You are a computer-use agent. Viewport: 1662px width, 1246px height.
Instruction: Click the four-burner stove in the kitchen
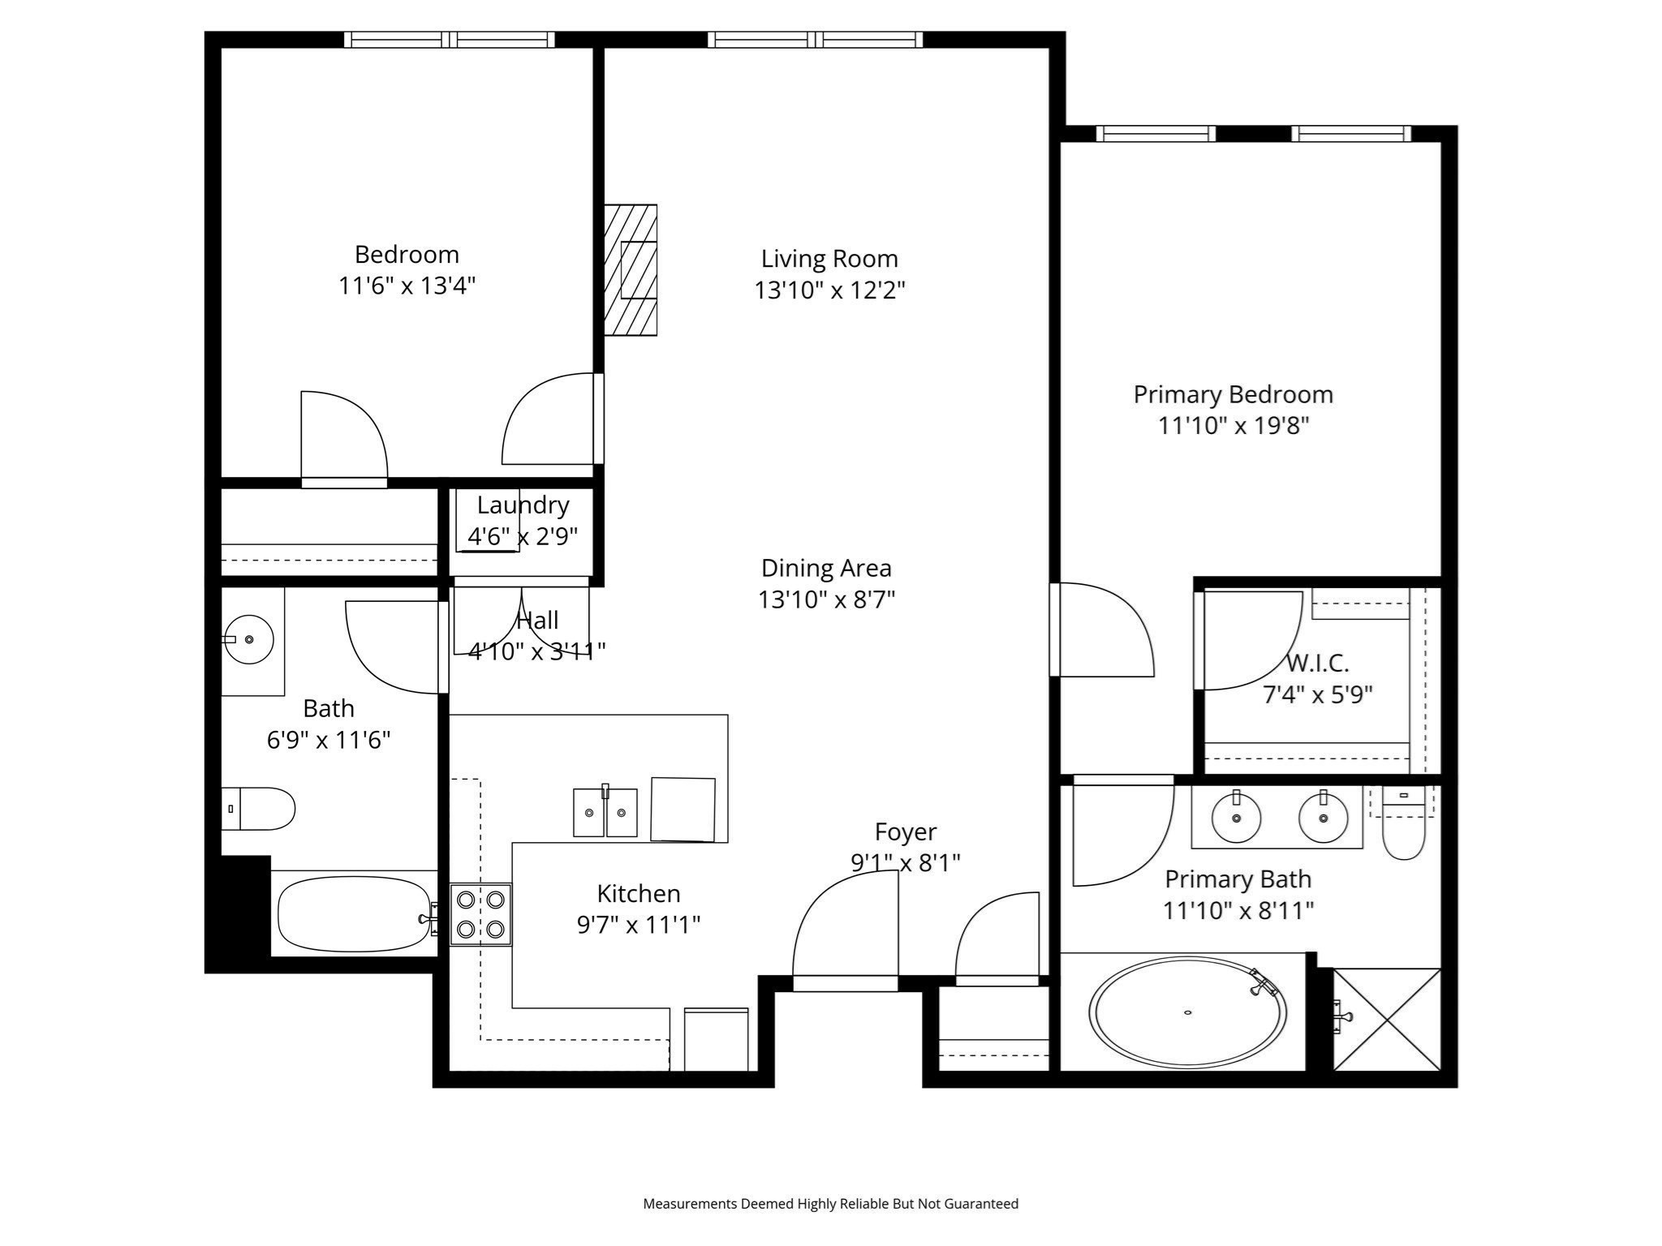pyautogui.click(x=480, y=914)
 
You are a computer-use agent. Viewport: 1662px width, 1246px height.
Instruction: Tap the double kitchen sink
pyautogui.click(x=605, y=812)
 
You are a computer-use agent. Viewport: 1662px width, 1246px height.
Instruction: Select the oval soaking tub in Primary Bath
pyautogui.click(x=1186, y=1012)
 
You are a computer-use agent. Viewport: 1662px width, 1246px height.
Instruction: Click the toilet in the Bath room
pyautogui.click(x=259, y=809)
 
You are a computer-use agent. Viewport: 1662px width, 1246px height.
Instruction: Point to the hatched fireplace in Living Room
pyautogui.click(x=631, y=270)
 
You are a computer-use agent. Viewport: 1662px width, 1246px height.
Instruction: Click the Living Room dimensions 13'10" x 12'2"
pyautogui.click(x=829, y=290)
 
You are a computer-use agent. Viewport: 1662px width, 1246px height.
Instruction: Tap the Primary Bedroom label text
pyautogui.click(x=1233, y=394)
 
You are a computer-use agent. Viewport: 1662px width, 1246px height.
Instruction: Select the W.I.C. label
pyautogui.click(x=1317, y=663)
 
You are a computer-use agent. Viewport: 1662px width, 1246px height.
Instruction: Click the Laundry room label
pyautogui.click(x=523, y=505)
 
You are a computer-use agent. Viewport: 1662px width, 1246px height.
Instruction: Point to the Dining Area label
pyautogui.click(x=826, y=568)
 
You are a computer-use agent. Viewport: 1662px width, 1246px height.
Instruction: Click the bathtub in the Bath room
pyautogui.click(x=355, y=914)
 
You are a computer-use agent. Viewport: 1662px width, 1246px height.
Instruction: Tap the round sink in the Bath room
pyautogui.click(x=248, y=639)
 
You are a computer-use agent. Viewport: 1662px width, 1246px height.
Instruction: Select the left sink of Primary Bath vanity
pyautogui.click(x=1236, y=818)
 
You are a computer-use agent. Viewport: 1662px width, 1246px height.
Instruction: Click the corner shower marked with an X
pyautogui.click(x=1387, y=1019)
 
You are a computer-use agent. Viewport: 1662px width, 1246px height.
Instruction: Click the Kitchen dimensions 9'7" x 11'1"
pyautogui.click(x=638, y=925)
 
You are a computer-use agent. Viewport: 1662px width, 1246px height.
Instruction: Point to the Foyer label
pyautogui.click(x=905, y=831)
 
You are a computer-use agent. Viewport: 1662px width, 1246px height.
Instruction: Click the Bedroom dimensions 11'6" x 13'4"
pyautogui.click(x=407, y=286)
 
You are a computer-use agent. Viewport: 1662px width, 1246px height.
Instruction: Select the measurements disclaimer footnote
pyautogui.click(x=830, y=1204)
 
